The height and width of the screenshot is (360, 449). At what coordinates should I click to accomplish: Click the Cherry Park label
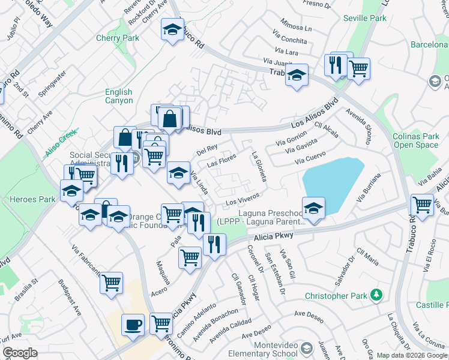118,38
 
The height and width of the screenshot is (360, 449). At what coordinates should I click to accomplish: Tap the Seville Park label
364,19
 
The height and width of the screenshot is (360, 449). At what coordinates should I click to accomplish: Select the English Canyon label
118,96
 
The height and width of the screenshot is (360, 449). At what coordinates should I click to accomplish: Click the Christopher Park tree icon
376,295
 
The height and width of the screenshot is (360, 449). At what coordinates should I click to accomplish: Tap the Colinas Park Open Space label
415,140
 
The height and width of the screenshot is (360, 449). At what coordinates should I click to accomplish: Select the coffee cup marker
133,325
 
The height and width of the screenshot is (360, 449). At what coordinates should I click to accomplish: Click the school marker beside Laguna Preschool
313,208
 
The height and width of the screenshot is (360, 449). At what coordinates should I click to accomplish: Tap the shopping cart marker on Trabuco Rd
422,204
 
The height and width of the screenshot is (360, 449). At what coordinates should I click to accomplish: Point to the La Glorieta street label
262,167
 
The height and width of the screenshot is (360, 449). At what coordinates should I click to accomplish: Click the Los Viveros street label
242,198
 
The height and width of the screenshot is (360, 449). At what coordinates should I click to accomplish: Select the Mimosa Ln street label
296,28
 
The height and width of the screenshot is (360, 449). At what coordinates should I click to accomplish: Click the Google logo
20,353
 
